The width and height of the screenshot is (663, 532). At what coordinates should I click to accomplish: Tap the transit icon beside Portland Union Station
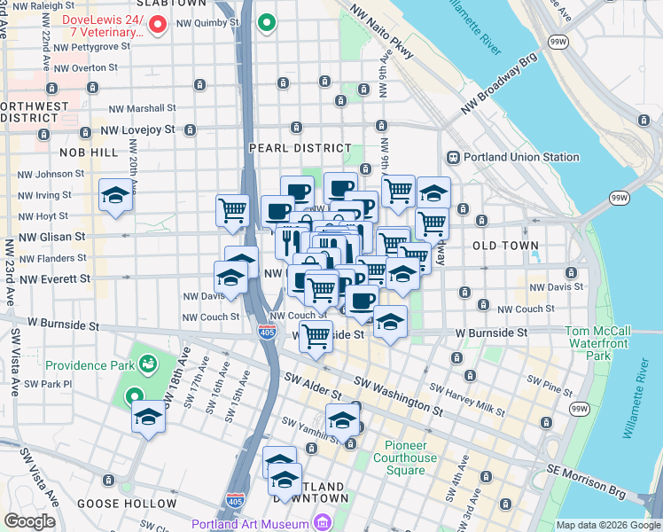(x=452, y=158)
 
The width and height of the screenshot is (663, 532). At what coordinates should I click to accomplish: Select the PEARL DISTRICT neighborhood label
(x=300, y=148)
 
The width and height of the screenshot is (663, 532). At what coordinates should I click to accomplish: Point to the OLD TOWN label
(x=505, y=245)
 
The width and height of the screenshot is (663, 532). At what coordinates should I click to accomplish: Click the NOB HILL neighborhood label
(x=85, y=153)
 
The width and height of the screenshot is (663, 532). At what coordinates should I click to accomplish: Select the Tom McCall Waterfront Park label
(x=598, y=343)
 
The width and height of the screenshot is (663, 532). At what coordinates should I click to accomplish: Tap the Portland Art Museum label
(x=257, y=524)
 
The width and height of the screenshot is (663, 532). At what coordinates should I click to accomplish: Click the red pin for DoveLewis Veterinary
(x=159, y=24)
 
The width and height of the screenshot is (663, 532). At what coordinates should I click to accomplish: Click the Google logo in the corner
(x=28, y=521)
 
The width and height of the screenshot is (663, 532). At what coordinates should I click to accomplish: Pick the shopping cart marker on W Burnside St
(x=316, y=338)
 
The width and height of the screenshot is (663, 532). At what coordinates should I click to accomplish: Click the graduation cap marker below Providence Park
(x=148, y=417)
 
